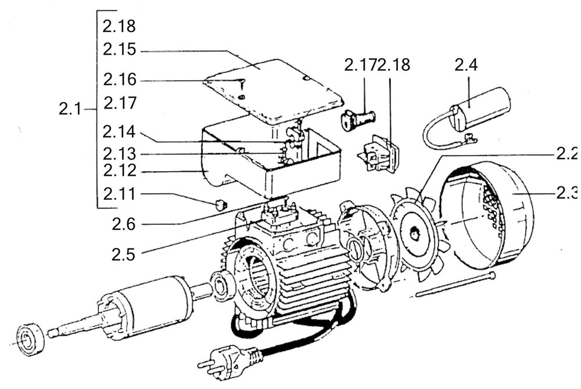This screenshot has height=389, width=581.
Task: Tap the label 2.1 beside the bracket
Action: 71,109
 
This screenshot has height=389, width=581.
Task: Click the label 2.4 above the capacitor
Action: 466,65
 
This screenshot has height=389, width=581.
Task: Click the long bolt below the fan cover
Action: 456,284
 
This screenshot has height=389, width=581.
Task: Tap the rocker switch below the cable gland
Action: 379,154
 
